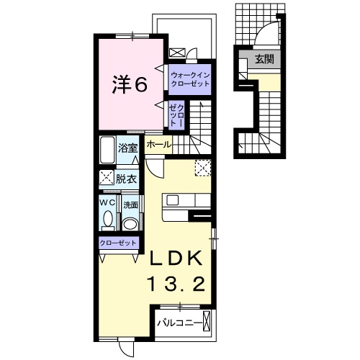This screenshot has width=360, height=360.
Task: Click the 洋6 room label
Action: (130, 85)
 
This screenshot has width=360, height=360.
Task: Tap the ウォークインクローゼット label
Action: (190, 80)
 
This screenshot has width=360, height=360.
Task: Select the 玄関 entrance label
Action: (264, 59)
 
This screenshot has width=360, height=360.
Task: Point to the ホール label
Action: (159, 145)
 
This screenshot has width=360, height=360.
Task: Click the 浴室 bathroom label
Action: (127, 148)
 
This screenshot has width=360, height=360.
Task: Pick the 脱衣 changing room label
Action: (126, 179)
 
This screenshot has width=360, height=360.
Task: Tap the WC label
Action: (107, 203)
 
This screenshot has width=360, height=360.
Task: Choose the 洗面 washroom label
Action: (130, 205)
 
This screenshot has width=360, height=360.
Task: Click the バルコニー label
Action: (179, 323)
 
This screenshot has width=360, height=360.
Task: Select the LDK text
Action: (176, 258)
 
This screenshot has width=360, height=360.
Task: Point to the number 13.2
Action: (177, 283)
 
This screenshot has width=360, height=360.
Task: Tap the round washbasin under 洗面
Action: (130, 224)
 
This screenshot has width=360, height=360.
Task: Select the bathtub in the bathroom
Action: (107, 150)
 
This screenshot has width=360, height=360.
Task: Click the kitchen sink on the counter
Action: (172, 200)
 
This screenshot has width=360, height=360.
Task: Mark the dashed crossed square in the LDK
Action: (203, 168)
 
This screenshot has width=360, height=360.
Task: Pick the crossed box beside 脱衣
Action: (107, 177)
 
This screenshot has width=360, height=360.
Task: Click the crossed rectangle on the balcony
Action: (207, 321)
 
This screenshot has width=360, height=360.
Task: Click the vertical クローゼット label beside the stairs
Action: (176, 115)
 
